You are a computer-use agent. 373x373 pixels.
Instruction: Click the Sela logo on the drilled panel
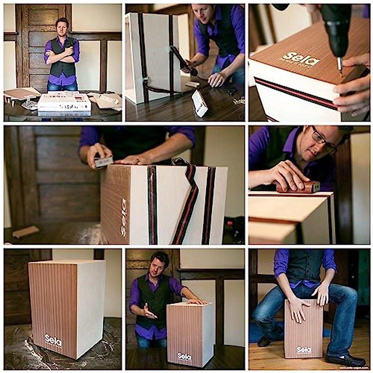click(x=301, y=59)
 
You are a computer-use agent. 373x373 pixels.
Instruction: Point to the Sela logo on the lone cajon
click(x=53, y=340)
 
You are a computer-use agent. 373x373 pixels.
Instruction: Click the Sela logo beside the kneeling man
click(x=184, y=356)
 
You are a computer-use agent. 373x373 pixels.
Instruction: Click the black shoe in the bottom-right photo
click(x=345, y=361)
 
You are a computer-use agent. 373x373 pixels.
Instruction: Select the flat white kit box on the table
click(x=64, y=103)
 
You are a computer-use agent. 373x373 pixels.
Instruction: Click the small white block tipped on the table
click(x=200, y=104)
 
